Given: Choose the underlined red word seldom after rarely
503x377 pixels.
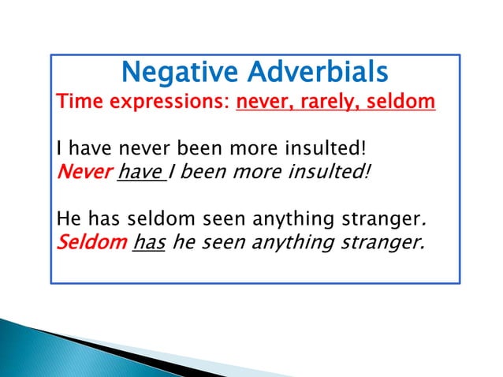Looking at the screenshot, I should (398, 102).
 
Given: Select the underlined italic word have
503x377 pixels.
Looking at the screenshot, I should (139, 172).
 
